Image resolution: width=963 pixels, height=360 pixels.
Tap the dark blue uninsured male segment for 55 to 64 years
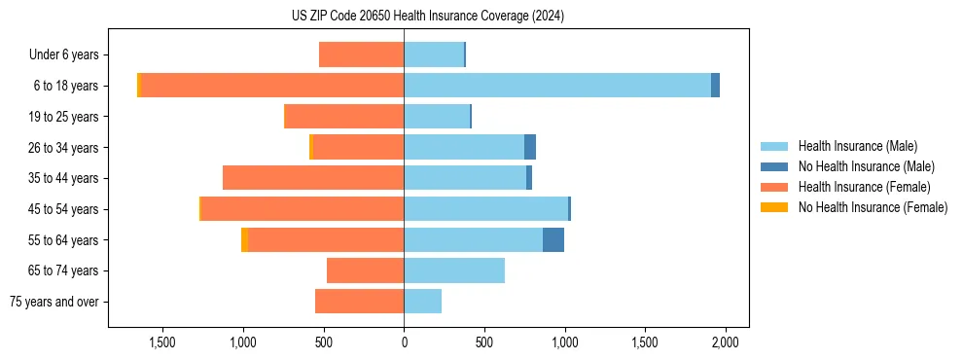[x=553, y=239]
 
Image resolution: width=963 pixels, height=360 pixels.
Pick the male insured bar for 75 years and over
[x=423, y=302]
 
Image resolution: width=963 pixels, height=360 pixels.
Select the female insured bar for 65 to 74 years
[x=366, y=270]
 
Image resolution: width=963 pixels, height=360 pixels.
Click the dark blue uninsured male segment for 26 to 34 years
[x=530, y=147]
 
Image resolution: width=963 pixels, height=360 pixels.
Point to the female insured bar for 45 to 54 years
[x=303, y=209]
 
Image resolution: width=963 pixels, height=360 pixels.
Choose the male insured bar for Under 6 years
[x=434, y=54]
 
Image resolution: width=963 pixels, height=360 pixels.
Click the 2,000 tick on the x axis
[x=726, y=342]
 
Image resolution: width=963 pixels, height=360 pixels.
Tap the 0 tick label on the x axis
[x=404, y=342]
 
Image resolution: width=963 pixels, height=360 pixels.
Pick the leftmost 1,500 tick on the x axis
[x=162, y=342]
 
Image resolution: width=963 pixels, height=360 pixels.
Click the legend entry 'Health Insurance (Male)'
[x=857, y=146]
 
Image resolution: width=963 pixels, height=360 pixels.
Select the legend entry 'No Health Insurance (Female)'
[x=873, y=207]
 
